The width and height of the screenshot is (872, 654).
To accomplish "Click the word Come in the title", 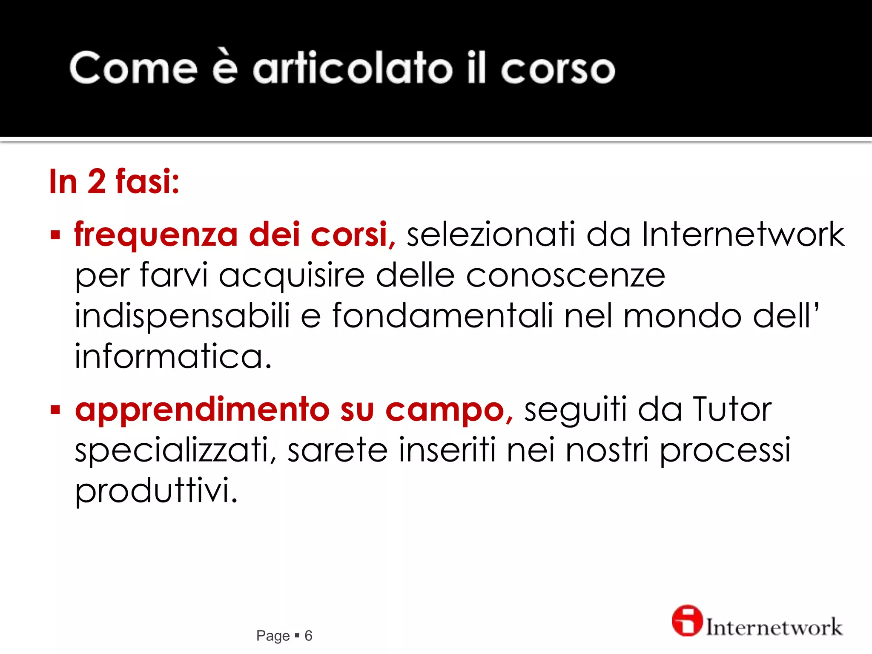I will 133,68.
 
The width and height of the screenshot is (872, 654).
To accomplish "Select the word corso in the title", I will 558,69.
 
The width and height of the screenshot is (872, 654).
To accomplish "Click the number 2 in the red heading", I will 97,181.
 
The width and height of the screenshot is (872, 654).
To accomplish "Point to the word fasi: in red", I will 147,181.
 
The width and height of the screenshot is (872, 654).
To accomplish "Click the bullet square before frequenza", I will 55,235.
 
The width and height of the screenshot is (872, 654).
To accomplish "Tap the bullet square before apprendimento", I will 55,410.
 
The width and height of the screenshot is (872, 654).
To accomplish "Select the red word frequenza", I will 156,235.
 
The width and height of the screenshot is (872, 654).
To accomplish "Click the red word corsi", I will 349,234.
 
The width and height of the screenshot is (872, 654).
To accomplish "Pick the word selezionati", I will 491,234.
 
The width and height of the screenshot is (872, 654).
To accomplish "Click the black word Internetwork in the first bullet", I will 743,234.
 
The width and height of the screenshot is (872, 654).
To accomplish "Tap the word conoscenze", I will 565,275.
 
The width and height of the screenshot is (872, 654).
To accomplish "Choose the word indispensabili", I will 182,316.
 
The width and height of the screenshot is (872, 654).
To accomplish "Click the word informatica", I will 173,356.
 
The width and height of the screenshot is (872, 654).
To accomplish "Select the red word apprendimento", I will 202,410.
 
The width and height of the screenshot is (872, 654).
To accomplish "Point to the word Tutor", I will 732,409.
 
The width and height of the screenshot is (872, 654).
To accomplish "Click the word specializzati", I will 175,450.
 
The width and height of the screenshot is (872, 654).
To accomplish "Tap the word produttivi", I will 156,491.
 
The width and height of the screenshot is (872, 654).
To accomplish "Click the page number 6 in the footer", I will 308,636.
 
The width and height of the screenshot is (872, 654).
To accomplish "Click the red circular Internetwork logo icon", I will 686,621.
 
